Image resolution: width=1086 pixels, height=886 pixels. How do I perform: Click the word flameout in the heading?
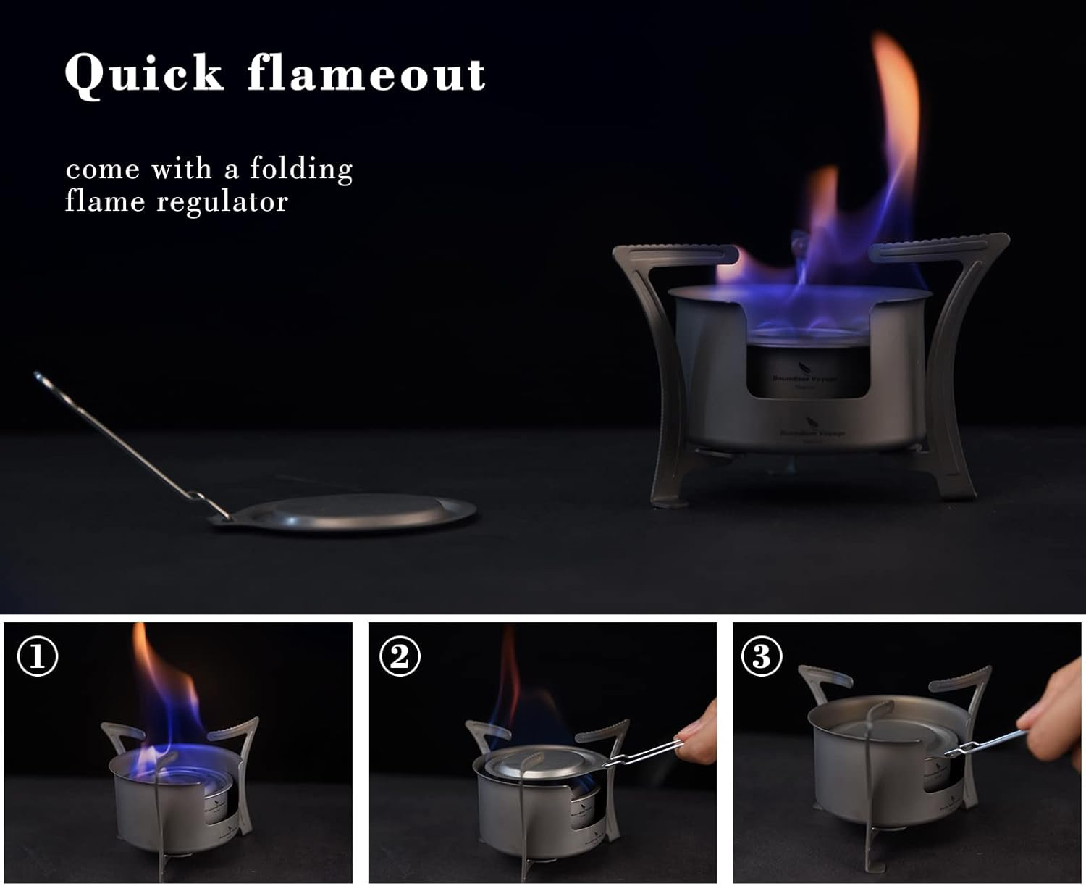click(x=366, y=74)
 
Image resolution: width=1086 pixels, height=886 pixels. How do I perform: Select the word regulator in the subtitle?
click(x=222, y=201)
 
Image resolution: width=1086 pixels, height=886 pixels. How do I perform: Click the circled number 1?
click(x=37, y=657)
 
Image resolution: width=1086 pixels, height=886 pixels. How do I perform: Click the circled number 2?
click(x=400, y=657)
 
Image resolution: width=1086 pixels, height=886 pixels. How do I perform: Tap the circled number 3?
click(x=762, y=657)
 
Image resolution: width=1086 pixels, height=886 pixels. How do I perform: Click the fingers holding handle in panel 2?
click(x=697, y=739)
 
